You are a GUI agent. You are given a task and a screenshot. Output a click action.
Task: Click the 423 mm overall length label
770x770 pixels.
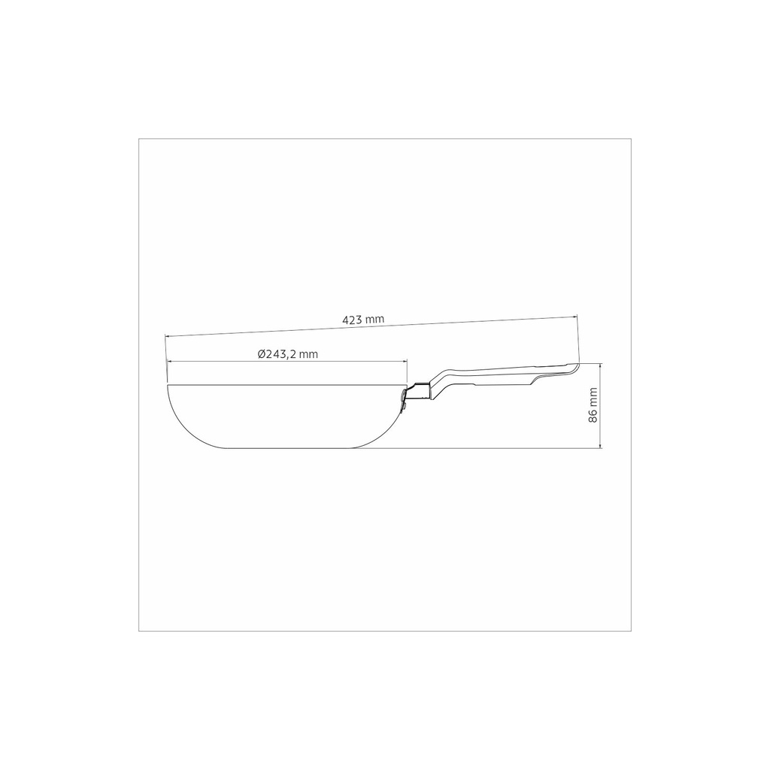(x=363, y=319)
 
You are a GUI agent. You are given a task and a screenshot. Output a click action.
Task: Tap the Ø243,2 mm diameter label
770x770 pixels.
(x=288, y=353)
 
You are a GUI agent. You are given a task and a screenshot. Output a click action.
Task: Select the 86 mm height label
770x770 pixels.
(x=593, y=405)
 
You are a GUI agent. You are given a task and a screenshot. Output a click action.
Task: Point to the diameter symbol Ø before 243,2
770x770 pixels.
(x=262, y=353)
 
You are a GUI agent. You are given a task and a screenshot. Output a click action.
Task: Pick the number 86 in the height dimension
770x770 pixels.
(x=593, y=416)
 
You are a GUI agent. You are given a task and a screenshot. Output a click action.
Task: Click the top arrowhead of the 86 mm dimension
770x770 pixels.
(x=600, y=366)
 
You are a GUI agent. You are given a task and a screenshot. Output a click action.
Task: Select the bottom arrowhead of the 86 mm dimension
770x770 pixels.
(x=600, y=445)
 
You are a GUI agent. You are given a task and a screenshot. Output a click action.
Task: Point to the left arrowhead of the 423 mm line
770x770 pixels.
(x=168, y=336)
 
